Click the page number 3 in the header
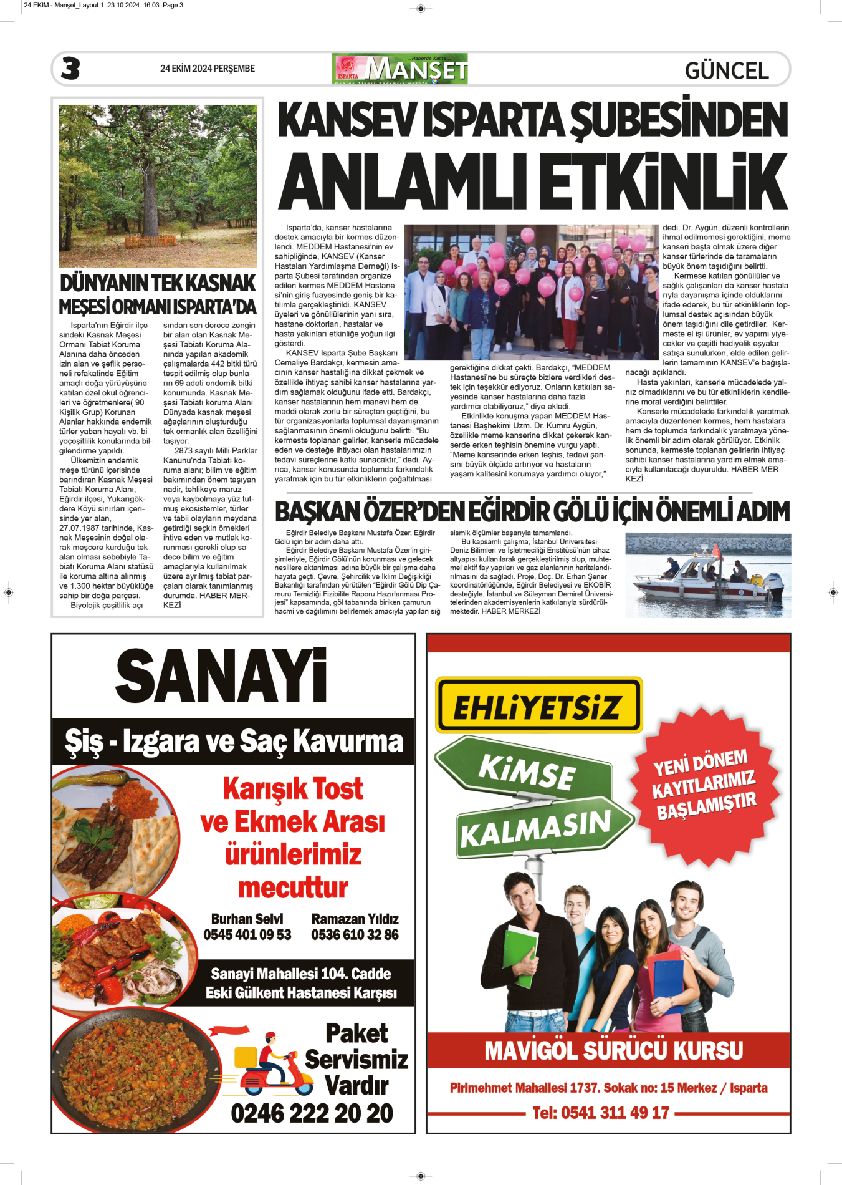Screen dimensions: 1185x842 pyautogui.click(x=70, y=69)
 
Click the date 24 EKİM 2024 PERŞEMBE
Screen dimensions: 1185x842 pyautogui.click(x=207, y=69)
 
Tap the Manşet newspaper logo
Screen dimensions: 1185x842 pyautogui.click(x=400, y=69)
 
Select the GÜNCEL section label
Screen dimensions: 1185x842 pyautogui.click(x=727, y=70)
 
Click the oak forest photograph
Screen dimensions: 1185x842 pyautogui.click(x=158, y=185)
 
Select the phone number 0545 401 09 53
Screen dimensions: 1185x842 pyautogui.click(x=247, y=934)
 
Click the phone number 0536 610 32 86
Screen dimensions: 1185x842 pyautogui.click(x=355, y=934)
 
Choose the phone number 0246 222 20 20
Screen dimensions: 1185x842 pyautogui.click(x=312, y=1113)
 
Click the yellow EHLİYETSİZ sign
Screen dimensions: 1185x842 pyautogui.click(x=538, y=705)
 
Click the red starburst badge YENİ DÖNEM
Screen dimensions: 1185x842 pyautogui.click(x=705, y=784)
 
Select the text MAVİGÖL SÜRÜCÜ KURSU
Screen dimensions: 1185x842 pyautogui.click(x=613, y=1050)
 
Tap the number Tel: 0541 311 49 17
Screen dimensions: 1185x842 pyautogui.click(x=601, y=1113)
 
